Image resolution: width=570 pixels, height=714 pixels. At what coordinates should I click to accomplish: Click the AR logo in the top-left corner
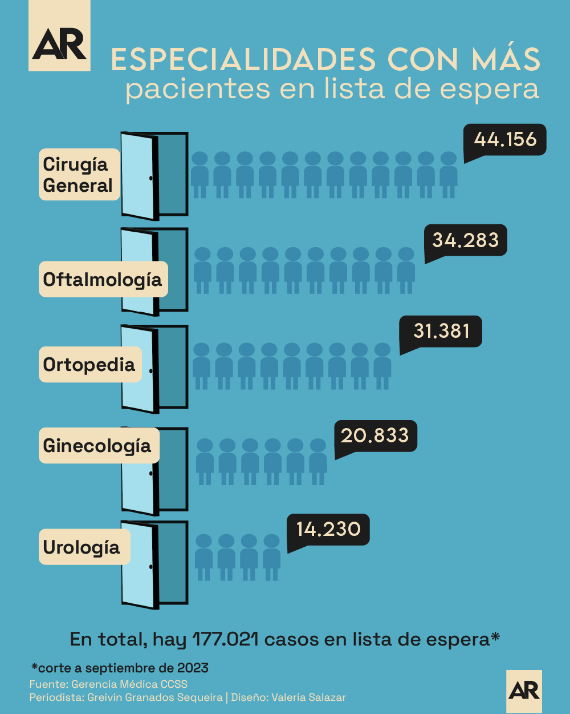pyautogui.click(x=59, y=35)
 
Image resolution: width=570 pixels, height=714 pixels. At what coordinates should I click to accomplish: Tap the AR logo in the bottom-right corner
pyautogui.click(x=524, y=691)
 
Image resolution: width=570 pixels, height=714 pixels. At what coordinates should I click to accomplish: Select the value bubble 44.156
pyautogui.click(x=506, y=139)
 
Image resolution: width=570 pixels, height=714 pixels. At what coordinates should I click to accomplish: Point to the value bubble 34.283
pyautogui.click(x=466, y=240)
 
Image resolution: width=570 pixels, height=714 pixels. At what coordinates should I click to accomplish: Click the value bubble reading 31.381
pyautogui.click(x=441, y=331)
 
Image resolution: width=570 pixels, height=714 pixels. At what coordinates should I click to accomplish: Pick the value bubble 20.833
pyautogui.click(x=375, y=435)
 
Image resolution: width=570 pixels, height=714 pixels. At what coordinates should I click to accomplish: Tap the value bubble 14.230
pyautogui.click(x=328, y=529)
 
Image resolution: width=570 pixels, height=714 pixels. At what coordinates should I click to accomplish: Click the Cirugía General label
pyautogui.click(x=79, y=175)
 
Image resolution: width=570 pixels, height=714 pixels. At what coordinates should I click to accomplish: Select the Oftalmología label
pyautogui.click(x=103, y=279)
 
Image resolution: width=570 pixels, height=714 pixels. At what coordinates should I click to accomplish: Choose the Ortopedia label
pyautogui.click(x=89, y=364)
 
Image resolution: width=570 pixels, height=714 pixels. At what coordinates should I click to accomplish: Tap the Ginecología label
pyautogui.click(x=98, y=445)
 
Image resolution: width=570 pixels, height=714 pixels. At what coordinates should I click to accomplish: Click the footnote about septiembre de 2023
pyautogui.click(x=120, y=668)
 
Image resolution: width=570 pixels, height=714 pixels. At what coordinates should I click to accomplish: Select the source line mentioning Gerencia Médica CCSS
pyautogui.click(x=108, y=684)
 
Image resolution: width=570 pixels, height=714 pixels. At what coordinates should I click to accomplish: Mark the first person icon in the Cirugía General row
pyautogui.click(x=199, y=175)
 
